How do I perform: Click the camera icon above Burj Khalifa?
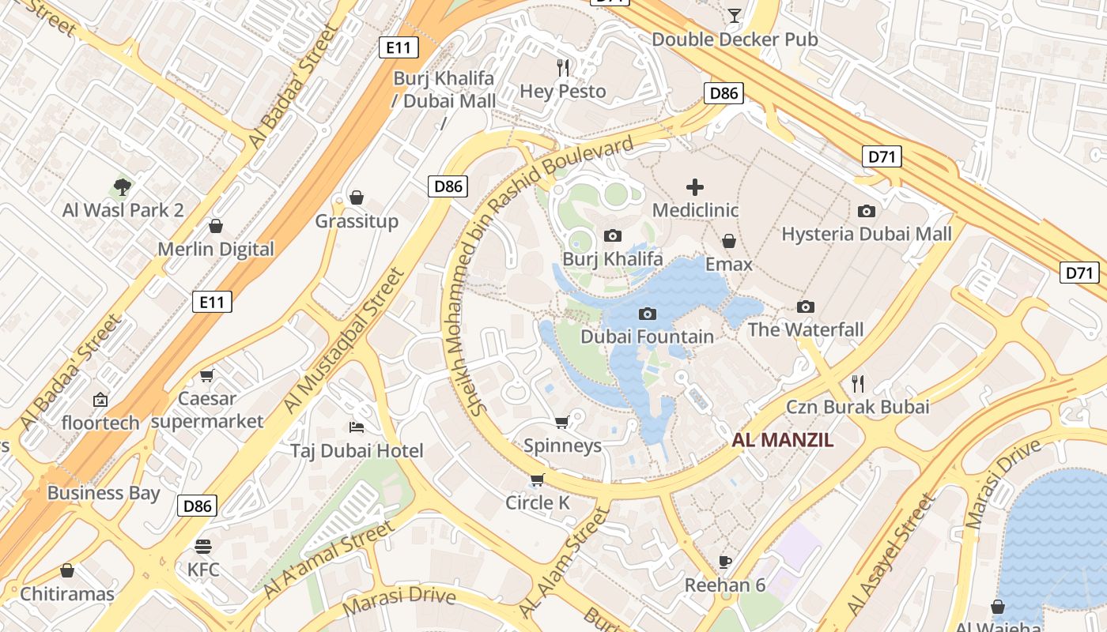612,235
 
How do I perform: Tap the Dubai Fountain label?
647,337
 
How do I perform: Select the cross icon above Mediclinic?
694,187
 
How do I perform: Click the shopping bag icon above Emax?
729,241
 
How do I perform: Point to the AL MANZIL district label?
782,441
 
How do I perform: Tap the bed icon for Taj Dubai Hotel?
357,427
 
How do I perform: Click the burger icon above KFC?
203,546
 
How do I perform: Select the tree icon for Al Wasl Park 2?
122,187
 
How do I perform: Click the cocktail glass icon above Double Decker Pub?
735,15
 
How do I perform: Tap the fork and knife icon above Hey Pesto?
563,68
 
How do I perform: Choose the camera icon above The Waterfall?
806,307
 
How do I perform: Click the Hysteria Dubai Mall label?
867,234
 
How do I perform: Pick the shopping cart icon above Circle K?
538,480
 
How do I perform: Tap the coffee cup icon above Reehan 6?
725,562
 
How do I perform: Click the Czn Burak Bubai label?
857,407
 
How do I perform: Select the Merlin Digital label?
216,249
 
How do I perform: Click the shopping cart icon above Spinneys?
562,422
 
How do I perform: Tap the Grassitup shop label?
357,220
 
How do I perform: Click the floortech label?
100,423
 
